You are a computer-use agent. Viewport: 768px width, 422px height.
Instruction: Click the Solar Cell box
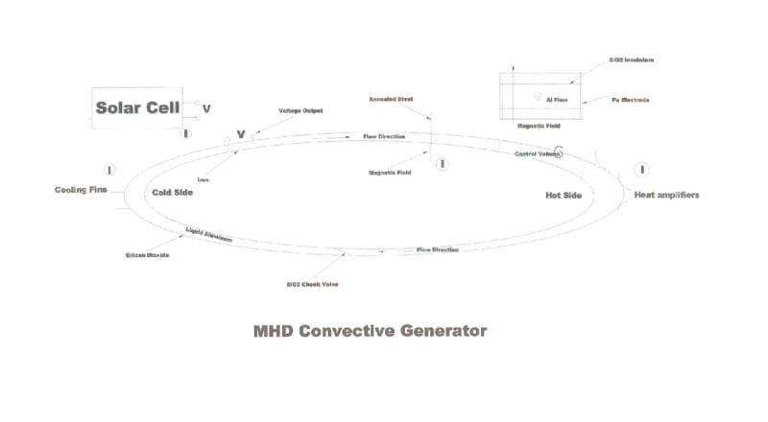coord(142,108)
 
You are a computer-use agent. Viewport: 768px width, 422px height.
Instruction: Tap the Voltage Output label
coord(300,111)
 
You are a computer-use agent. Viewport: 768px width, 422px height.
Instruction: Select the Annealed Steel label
coord(392,99)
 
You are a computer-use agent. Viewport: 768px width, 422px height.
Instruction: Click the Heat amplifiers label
coord(666,195)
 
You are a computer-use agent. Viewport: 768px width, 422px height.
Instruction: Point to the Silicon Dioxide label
coord(148,256)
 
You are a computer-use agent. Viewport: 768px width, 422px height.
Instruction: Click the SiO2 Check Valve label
coord(312,285)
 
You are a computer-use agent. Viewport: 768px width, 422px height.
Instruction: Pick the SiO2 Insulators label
coord(631,59)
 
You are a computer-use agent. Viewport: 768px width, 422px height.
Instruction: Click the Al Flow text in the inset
coord(558,99)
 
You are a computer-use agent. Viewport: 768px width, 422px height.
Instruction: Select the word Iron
coord(204,179)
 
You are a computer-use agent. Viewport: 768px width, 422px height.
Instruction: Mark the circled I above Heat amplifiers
coord(643,170)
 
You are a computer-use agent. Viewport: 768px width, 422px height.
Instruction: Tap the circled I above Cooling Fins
coord(109,170)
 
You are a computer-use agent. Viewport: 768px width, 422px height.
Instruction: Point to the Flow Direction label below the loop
coord(438,250)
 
